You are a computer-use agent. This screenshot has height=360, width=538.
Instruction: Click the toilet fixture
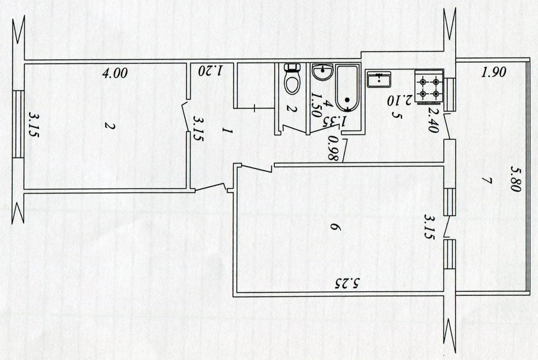pos(292,79)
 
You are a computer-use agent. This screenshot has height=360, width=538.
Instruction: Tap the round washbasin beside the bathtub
pos(322,72)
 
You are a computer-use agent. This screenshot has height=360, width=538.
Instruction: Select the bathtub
pos(347,88)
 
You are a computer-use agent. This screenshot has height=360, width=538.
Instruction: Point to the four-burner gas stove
pos(429,87)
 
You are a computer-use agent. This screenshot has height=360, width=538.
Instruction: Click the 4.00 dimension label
pos(115,73)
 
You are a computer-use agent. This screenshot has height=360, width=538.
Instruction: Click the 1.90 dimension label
pos(494,73)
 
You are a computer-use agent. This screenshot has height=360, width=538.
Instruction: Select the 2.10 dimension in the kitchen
pos(399,101)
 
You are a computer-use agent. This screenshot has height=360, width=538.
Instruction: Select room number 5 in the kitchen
pos(398,116)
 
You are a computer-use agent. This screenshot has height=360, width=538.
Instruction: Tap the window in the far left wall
pos(18,124)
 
